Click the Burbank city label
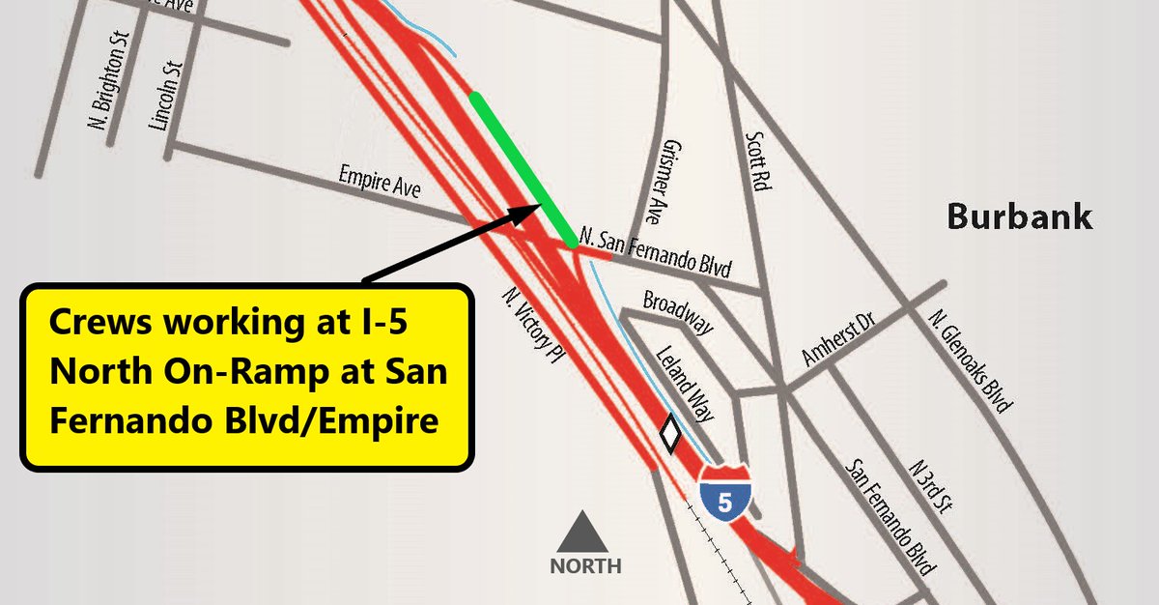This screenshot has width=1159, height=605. coord(1019,216)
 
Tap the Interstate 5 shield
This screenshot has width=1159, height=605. coord(726,492)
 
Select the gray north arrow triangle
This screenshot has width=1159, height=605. coord(584,533)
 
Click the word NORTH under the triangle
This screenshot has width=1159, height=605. coord(585,566)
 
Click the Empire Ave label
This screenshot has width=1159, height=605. coord(380,183)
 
